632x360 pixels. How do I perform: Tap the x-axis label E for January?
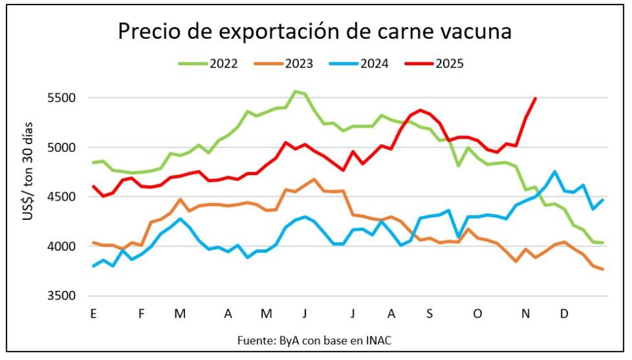93,315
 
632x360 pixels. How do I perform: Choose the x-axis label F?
141,315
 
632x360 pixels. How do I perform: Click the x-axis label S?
429,315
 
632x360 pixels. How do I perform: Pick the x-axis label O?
477,315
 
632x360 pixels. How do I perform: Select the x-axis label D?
564,315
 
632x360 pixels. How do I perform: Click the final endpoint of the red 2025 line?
535,99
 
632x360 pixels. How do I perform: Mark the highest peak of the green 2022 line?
295,91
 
